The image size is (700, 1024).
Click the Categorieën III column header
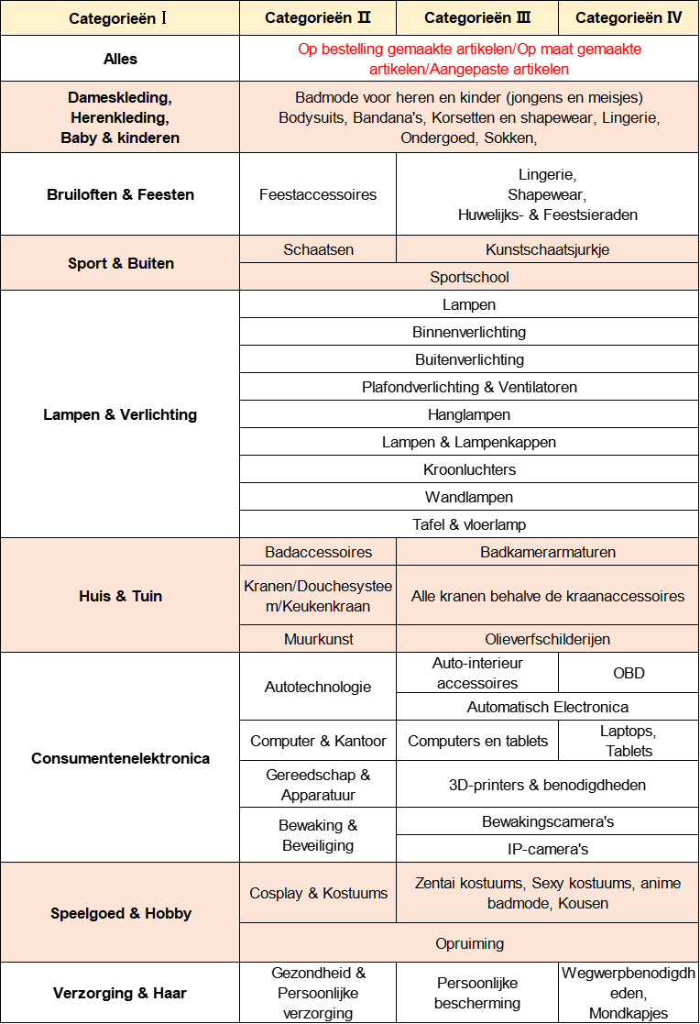[x=477, y=18]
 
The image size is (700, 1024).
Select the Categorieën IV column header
[x=629, y=18]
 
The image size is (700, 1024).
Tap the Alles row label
[x=120, y=59]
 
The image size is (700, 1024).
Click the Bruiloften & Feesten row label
[x=120, y=194]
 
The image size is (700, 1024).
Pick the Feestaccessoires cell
[x=318, y=194]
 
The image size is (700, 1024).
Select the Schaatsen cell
[x=318, y=249]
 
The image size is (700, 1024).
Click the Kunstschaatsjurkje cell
[x=547, y=249]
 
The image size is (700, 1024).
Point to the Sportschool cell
[x=469, y=277]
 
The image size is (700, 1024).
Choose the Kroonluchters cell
[x=469, y=469]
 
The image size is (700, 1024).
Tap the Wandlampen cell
[x=469, y=497]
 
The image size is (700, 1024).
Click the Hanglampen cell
[x=469, y=414]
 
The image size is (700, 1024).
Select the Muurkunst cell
[x=318, y=639]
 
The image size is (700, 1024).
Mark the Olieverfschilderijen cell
[x=547, y=639]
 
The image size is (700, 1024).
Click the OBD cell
[x=629, y=673]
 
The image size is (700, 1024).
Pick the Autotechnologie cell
[x=318, y=687]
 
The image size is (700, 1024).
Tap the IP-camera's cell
[x=547, y=849]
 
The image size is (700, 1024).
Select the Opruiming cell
[x=469, y=943]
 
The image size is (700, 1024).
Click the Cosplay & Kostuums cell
[x=318, y=893]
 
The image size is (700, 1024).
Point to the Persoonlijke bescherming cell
[x=477, y=993]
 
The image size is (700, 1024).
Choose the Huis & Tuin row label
[x=120, y=596]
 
